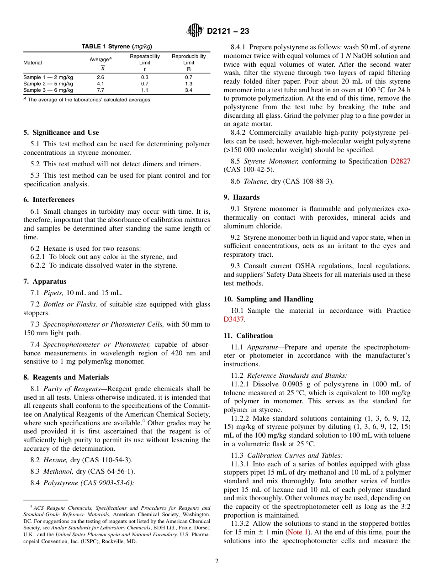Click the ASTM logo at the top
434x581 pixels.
pyautogui.click(x=195, y=31)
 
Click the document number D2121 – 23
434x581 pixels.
pyautogui.click(x=228, y=32)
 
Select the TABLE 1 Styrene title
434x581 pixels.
pyautogui.click(x=116, y=47)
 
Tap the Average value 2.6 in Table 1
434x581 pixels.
pyautogui.click(x=101, y=78)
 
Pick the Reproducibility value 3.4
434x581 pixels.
pyautogui.click(x=189, y=90)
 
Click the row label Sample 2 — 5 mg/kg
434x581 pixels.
pyautogui.click(x=48, y=84)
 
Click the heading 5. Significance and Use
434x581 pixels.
pyautogui.click(x=61, y=132)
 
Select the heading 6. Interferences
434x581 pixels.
pyautogui.click(x=49, y=200)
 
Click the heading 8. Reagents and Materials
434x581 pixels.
pyautogui.click(x=66, y=377)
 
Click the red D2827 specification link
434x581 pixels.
pyautogui.click(x=400, y=161)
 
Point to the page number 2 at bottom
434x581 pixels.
pyautogui.click(x=217, y=561)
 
